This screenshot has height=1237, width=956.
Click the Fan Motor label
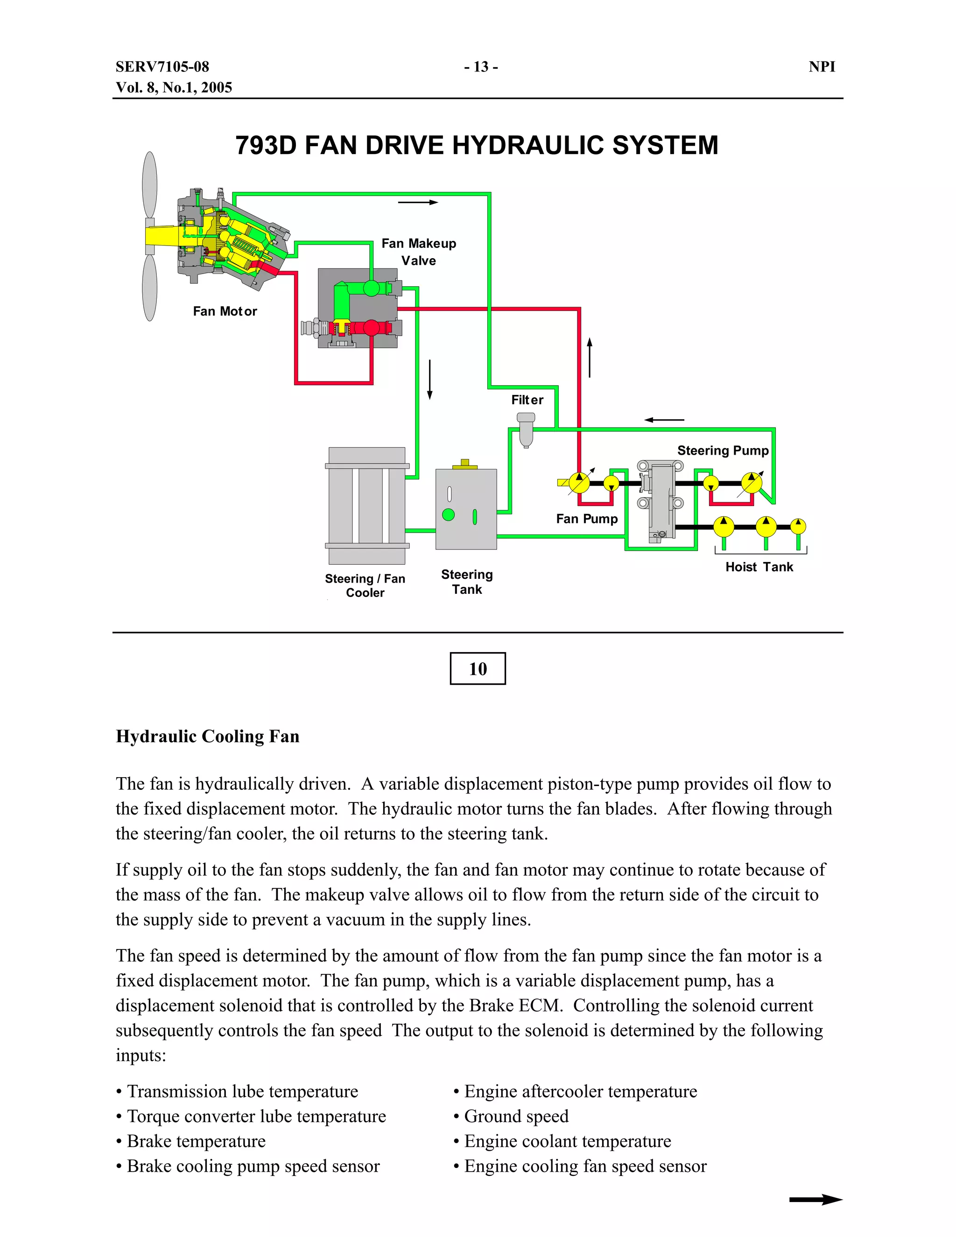[x=225, y=311]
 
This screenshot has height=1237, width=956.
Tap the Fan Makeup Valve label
[x=419, y=252]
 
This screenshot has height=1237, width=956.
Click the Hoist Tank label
[x=759, y=567]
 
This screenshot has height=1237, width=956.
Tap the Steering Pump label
[x=723, y=450]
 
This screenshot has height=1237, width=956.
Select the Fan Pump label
[x=587, y=519]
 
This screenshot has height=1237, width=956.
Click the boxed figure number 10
[x=478, y=668]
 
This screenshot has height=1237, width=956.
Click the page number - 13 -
[x=481, y=67]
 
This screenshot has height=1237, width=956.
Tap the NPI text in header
[x=822, y=67]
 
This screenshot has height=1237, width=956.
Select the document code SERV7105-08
[x=162, y=67]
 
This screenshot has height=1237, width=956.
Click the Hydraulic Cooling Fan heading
[x=207, y=736]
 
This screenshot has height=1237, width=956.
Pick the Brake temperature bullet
[x=196, y=1141]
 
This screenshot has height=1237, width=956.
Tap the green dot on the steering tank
[x=448, y=514]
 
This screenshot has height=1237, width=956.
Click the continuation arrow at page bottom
[x=815, y=1199]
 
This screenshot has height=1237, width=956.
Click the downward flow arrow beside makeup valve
[x=430, y=379]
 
